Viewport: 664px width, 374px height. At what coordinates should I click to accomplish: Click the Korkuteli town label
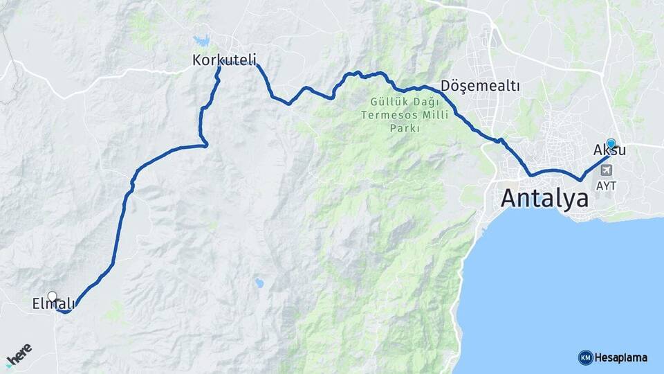click(224, 61)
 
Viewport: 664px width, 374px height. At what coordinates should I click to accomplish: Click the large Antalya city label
click(544, 198)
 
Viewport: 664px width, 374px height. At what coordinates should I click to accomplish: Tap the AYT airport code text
click(605, 186)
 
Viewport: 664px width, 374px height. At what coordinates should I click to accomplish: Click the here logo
click(19, 355)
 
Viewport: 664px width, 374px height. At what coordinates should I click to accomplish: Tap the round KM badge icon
click(585, 357)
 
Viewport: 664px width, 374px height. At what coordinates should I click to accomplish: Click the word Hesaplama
click(621, 357)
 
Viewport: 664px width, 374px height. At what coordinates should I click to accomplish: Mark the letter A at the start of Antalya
click(509, 199)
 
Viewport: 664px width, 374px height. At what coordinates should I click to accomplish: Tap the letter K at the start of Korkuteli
click(196, 61)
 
